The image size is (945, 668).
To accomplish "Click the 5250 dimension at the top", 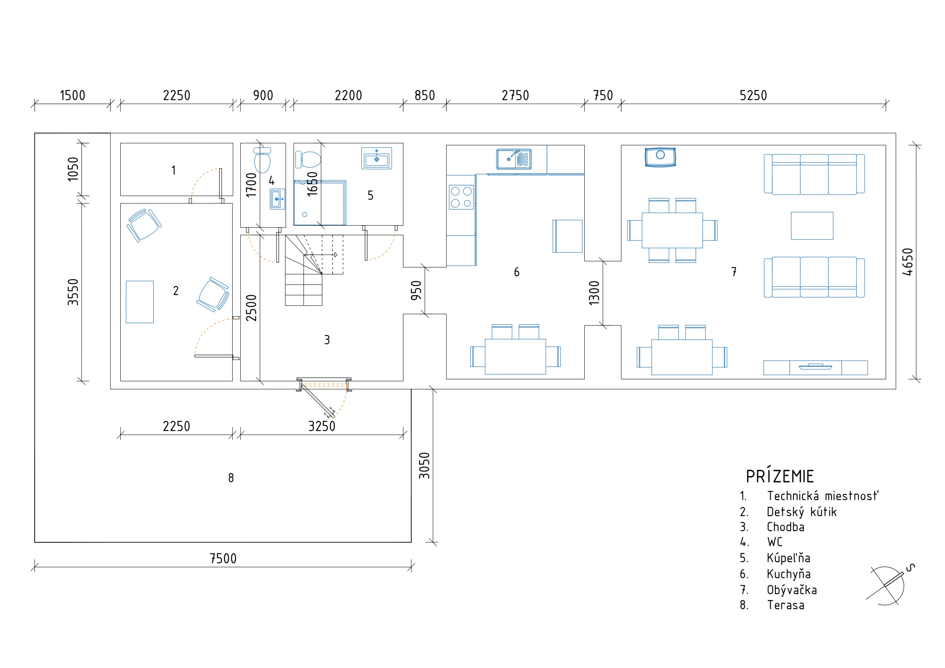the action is tap(753, 95).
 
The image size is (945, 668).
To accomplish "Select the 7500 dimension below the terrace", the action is tap(223, 558).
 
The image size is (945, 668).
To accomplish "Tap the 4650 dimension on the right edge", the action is tap(908, 262).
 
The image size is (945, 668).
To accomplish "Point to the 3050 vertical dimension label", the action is tap(424, 465).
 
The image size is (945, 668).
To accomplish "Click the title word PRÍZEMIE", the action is tap(780, 476).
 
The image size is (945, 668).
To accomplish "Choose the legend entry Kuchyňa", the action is tap(788, 574).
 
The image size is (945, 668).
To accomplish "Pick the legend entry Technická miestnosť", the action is tap(822, 496).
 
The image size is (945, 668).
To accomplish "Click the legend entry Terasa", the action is tap(786, 605).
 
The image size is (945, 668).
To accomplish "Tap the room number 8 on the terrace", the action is tap(231, 478).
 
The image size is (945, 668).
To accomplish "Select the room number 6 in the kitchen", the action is tap(516, 272).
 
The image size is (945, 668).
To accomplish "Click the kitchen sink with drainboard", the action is tap(514, 159).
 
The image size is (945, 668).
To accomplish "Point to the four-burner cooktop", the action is tap(461, 197).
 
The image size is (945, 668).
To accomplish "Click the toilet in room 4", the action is tap(262, 160).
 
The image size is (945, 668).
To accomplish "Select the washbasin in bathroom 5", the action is tap(377, 158).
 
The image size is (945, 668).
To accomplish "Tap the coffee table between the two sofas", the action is tap(812, 226).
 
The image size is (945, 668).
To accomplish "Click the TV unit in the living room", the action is tap(816, 367).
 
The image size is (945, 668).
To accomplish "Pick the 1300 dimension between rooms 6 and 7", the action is tap(594, 293).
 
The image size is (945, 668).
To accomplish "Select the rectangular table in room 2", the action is tap(139, 302).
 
